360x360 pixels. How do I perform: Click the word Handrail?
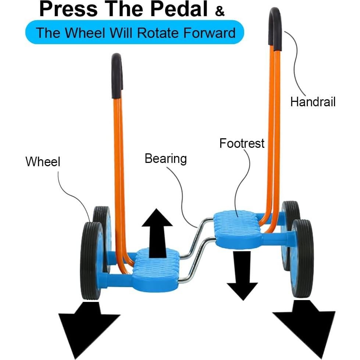pos(313,101)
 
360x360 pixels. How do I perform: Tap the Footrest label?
pos(242,143)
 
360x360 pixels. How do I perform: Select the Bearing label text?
pos(165,159)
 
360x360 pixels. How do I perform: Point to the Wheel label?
pos(43,161)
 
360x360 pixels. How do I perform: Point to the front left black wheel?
pos(91,260)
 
